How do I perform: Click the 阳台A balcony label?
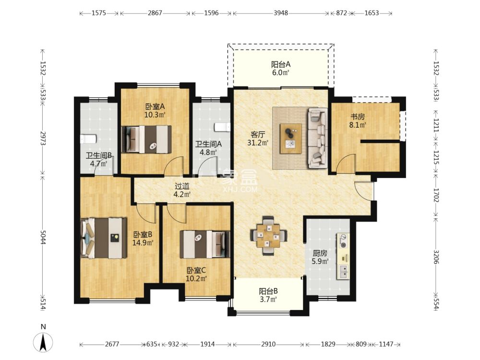pos(281,64)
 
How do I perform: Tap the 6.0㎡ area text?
pos(281,72)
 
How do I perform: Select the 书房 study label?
pos(358,117)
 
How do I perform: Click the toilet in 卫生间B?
pos(88,139)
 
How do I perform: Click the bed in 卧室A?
pos(146,139)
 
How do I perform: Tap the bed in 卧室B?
pos(104,238)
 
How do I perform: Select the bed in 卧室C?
pos(205,244)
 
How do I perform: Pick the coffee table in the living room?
pos(291,138)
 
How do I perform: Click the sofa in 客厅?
pos(317,138)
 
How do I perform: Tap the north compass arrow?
pos(43,342)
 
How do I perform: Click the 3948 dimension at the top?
pos(281,13)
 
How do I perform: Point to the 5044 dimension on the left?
pos(43,236)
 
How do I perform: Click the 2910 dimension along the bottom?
pos(268,344)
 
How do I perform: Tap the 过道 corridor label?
pos(182,186)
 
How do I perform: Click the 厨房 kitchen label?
pos(320,253)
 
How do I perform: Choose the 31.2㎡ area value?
pos(258,143)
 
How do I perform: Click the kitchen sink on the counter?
pos(343,272)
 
